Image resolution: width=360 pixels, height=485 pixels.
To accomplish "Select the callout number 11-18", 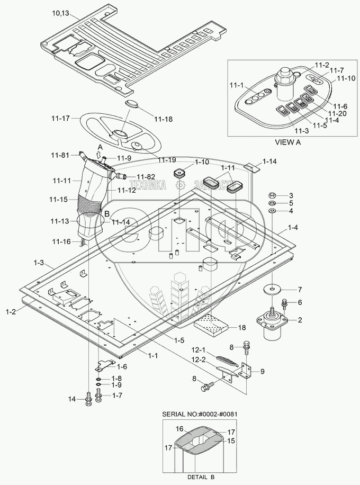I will click(163, 120).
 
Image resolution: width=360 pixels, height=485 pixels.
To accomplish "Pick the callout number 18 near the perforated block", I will click(242, 328).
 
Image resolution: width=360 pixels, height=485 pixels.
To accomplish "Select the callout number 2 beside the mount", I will click(299, 320).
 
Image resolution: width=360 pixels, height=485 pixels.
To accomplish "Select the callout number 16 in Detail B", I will click(179, 429).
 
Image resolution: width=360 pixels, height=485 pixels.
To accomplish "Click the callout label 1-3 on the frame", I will click(38, 263).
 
